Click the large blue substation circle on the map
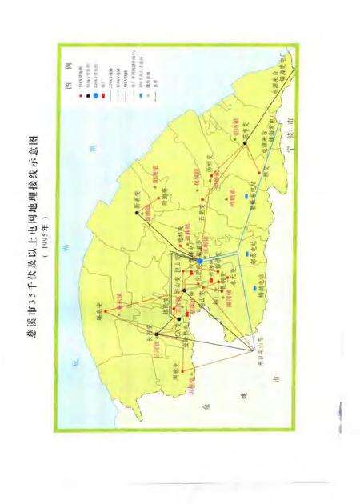(199, 260)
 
